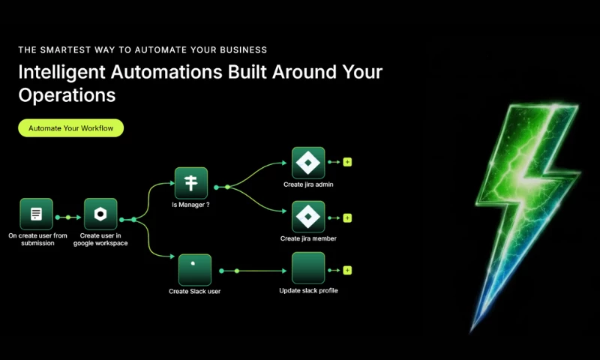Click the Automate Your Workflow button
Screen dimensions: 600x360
tap(70, 127)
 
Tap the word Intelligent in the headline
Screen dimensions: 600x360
tap(61, 72)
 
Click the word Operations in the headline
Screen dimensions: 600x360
tap(67, 95)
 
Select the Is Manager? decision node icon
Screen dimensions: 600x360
tap(191, 183)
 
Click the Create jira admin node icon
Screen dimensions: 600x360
tap(308, 163)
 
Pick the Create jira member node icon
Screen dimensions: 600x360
tap(308, 217)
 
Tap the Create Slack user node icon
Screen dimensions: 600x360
tap(195, 270)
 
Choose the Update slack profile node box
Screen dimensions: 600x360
tap(308, 268)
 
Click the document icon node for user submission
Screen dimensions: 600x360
tap(36, 214)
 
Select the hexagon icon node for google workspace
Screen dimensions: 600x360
tap(100, 214)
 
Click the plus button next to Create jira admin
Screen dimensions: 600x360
tap(347, 162)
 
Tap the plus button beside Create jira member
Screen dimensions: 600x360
tap(347, 218)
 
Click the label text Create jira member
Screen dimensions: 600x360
tap(308, 238)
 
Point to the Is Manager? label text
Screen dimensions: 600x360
tap(190, 205)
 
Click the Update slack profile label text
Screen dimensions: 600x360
tap(308, 291)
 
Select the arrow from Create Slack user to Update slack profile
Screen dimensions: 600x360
tap(253, 271)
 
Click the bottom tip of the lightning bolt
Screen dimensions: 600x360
tap(472, 332)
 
